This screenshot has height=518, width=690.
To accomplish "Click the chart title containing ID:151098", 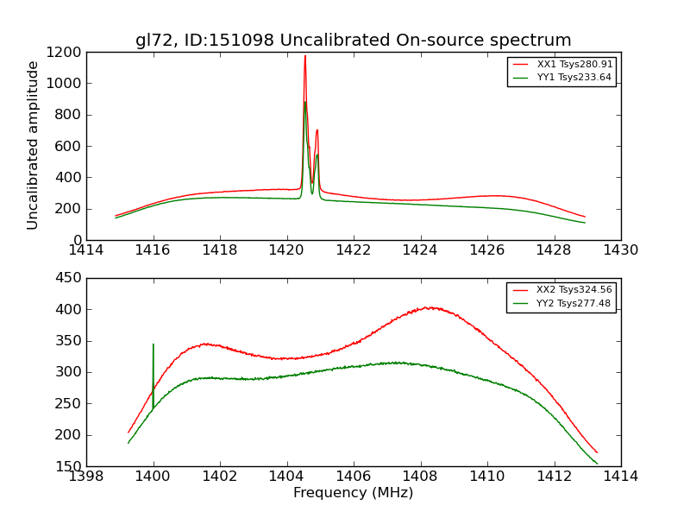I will pyautogui.click(x=353, y=41).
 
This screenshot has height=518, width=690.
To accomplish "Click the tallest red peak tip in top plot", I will pyautogui.click(x=304, y=56).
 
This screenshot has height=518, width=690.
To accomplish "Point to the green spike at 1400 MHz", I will pyautogui.click(x=154, y=345).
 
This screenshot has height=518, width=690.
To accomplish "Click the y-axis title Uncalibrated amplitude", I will pyautogui.click(x=34, y=145).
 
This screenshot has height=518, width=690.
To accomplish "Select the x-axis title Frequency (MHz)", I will pyautogui.click(x=353, y=493).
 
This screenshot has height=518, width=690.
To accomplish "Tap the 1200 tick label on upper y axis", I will pyautogui.click(x=66, y=52).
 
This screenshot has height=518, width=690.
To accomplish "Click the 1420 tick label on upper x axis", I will pyautogui.click(x=286, y=250).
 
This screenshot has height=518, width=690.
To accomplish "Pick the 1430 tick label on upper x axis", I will pyautogui.click(x=620, y=250).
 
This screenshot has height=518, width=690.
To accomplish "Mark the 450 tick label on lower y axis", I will pyautogui.click(x=69, y=278).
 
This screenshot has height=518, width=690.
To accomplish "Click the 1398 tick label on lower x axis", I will pyautogui.click(x=86, y=477).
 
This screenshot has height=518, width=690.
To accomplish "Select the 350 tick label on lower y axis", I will pyautogui.click(x=69, y=341).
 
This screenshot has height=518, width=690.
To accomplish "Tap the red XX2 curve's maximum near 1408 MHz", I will pyautogui.click(x=429, y=307).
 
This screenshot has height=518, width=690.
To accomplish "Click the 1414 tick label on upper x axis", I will pyautogui.click(x=86, y=250).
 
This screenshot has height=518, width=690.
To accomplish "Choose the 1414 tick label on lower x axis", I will pyautogui.click(x=620, y=477).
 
